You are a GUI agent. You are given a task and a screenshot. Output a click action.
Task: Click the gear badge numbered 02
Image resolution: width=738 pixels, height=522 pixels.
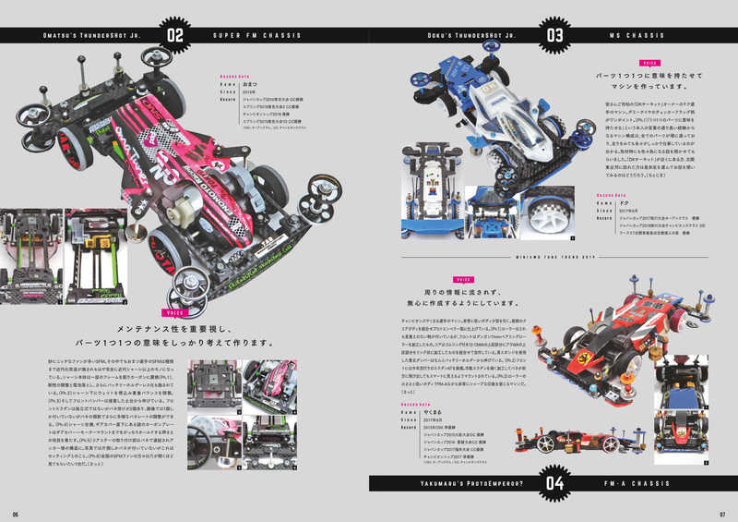point(175,36)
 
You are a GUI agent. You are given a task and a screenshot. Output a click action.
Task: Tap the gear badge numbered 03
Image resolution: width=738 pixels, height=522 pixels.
point(555,36)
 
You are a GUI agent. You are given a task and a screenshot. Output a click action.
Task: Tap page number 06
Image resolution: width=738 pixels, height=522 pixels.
point(16,514)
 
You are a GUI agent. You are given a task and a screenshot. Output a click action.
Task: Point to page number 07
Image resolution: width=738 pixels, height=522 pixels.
point(722,514)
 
